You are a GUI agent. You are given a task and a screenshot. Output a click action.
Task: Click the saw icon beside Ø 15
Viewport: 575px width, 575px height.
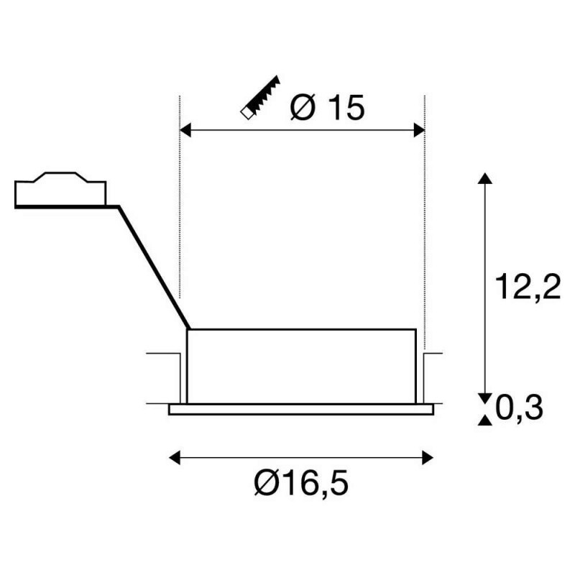pyautogui.click(x=260, y=97)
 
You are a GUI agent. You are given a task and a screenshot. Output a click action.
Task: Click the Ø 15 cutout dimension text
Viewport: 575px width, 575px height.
pyautogui.click(x=328, y=107)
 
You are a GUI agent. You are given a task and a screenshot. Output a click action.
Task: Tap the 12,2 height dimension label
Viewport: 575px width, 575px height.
pyautogui.click(x=528, y=286)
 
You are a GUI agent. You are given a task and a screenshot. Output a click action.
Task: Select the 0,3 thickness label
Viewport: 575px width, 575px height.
pyautogui.click(x=519, y=408)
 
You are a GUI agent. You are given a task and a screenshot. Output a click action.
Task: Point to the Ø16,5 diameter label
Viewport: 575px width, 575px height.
pyautogui.click(x=300, y=482)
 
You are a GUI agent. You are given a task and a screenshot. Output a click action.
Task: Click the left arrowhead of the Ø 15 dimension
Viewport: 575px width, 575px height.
pyautogui.click(x=185, y=130)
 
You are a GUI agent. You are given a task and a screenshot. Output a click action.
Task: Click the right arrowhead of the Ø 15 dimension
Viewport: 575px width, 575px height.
pyautogui.click(x=419, y=130)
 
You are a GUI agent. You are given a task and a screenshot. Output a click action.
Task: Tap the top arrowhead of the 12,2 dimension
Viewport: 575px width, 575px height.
pyautogui.click(x=485, y=178)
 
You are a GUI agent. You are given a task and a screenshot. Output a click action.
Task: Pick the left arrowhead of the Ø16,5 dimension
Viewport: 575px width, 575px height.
pyautogui.click(x=175, y=458)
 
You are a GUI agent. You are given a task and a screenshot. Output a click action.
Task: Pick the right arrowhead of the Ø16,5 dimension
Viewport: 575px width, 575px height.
pyautogui.click(x=428, y=458)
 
